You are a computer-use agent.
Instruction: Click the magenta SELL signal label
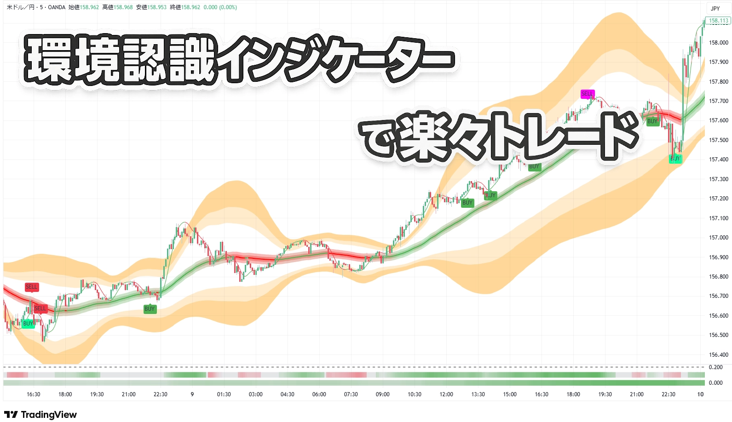588,94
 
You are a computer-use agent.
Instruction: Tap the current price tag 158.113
718,21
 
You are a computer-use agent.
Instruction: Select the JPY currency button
715,8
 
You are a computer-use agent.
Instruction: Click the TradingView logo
40,415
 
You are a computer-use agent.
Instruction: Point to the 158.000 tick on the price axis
718,43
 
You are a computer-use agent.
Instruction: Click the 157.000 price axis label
718,238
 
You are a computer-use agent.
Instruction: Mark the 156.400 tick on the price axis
718,355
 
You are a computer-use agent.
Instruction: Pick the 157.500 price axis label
718,140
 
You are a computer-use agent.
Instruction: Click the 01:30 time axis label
224,394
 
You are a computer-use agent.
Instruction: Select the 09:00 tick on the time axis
382,394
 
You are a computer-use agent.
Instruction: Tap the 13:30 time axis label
478,394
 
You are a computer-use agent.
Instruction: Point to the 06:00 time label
319,394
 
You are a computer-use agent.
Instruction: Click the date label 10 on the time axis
700,394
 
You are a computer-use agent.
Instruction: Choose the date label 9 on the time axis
192,394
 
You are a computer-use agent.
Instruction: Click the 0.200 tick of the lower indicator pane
715,367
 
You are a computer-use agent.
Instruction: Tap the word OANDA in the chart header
57,7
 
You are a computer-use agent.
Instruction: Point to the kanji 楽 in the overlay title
426,137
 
